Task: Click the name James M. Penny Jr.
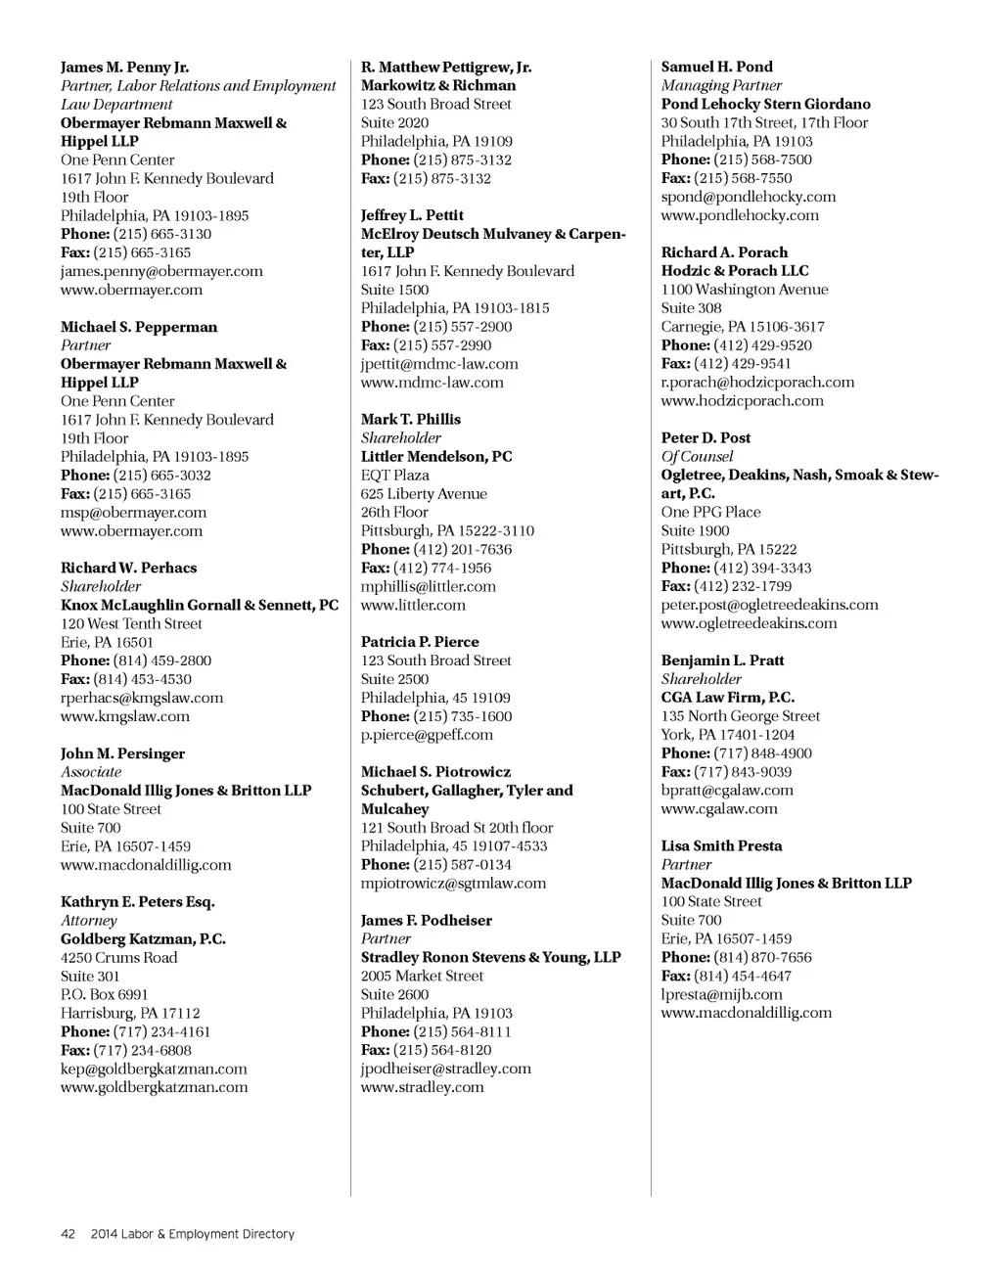point(124,68)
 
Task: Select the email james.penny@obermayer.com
point(161,271)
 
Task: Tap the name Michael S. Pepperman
point(139,327)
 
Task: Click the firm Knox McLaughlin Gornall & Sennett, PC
point(200,605)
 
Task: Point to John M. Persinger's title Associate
point(91,772)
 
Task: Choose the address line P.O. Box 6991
point(105,994)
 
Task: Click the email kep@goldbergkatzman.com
point(154,1069)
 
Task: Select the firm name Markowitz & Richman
point(438,85)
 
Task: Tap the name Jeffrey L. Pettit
point(412,215)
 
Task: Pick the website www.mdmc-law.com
point(433,383)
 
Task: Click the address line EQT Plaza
point(395,476)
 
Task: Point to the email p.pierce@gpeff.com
point(427,735)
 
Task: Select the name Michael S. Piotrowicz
point(435,772)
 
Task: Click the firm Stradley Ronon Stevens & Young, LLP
point(491,957)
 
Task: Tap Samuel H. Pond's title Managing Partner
point(721,85)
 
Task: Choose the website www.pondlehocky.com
point(740,215)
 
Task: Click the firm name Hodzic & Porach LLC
point(735,271)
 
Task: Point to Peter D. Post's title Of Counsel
point(697,457)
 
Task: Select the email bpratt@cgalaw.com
point(727,791)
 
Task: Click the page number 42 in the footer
point(68,1234)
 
